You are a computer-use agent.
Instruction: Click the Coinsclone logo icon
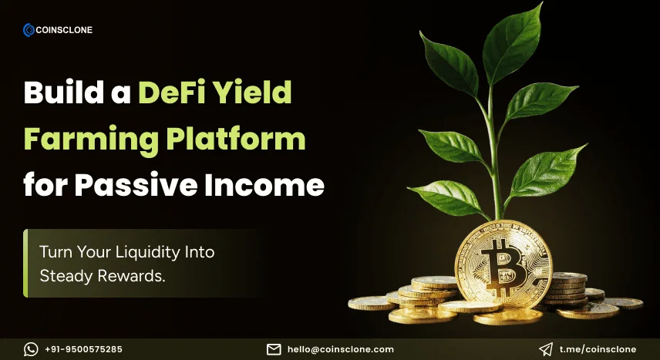[x=29, y=30]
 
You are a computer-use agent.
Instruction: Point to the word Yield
[x=254, y=93]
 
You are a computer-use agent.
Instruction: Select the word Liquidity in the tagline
[x=157, y=252]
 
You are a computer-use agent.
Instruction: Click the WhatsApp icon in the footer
[x=31, y=349]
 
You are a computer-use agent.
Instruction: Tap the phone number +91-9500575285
[x=83, y=349]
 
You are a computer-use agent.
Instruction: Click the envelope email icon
[x=274, y=349]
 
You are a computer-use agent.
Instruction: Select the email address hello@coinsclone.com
[x=340, y=349]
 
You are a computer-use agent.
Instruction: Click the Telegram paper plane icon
[x=546, y=349]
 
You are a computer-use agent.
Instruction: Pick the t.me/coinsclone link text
[x=598, y=349]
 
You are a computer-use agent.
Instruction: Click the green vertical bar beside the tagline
[x=25, y=263]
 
